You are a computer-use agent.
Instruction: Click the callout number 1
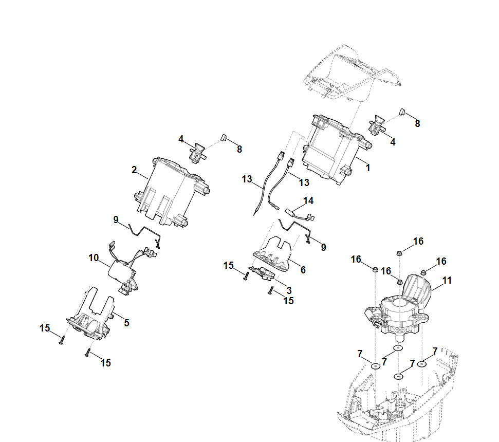coord(368,168)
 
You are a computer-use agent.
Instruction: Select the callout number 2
coord(134,170)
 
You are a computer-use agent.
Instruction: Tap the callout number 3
coord(289,290)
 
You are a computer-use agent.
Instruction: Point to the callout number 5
coord(126,323)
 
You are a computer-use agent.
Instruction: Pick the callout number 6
coord(303,270)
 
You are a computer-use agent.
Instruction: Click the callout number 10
coord(94,258)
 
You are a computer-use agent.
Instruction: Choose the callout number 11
coord(447,280)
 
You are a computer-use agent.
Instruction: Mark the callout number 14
coord(308,201)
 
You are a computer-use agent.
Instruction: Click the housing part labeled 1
coord(336,150)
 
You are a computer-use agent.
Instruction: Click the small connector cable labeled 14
coord(299,215)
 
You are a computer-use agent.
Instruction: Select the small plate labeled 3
coord(262,273)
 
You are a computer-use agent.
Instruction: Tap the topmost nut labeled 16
coord(399,253)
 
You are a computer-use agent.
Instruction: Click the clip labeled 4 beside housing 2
coord(198,153)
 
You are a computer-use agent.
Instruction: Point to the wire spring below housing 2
coord(145,234)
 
